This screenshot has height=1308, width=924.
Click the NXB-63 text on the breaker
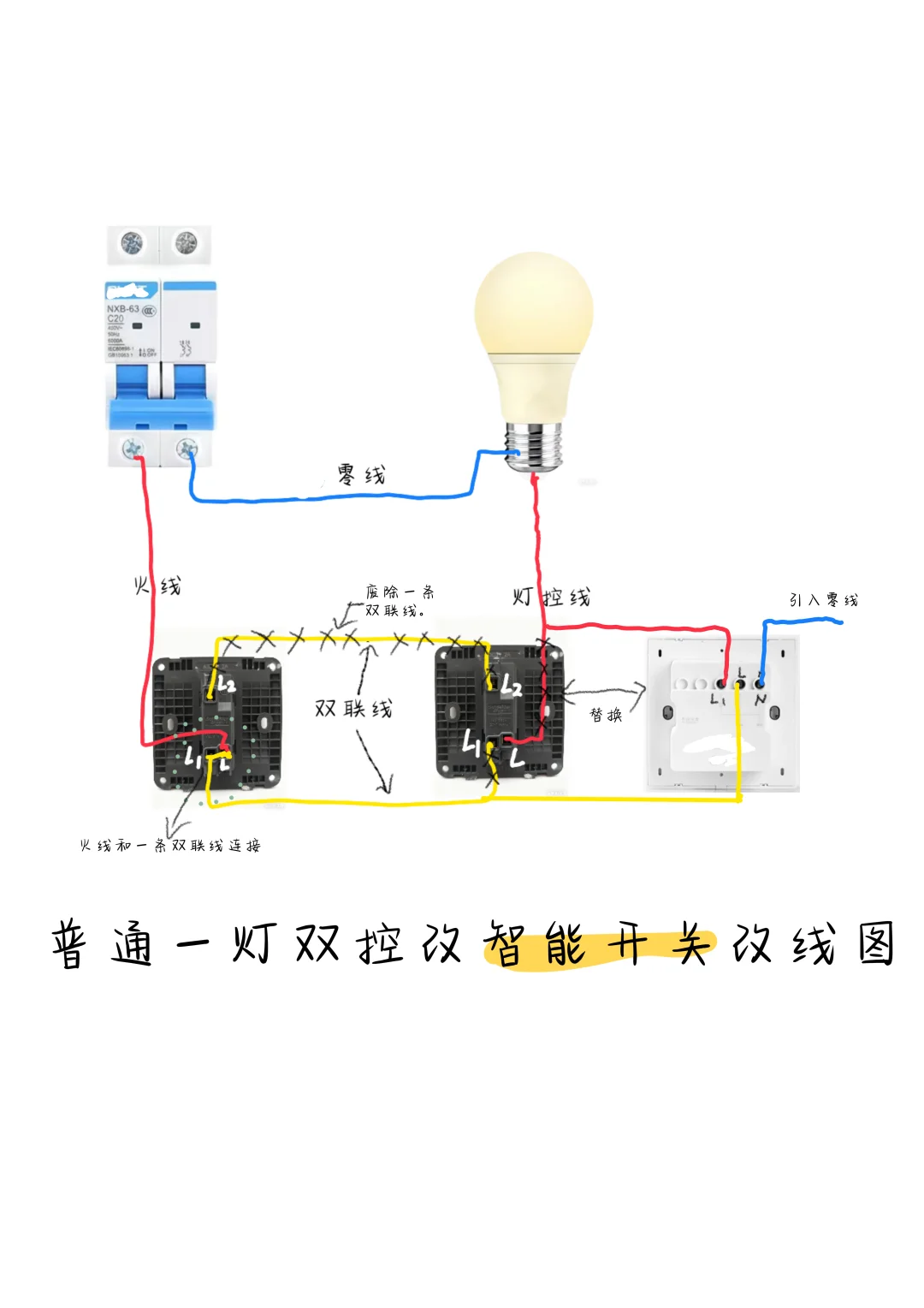[122, 308]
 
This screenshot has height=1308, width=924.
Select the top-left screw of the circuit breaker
[132, 244]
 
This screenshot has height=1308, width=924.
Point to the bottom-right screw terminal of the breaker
[186, 448]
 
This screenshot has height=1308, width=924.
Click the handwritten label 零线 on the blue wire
[361, 474]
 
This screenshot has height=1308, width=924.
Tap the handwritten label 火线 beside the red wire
[157, 586]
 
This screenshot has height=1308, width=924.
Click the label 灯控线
[552, 597]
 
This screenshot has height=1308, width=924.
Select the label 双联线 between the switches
[353, 709]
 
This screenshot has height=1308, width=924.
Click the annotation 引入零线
[823, 600]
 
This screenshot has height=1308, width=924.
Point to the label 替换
[606, 715]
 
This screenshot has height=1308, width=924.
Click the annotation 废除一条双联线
[399, 601]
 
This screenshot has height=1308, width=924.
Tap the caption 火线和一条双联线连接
[170, 846]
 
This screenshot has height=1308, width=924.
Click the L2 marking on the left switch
[226, 684]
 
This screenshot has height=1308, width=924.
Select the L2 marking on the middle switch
[511, 686]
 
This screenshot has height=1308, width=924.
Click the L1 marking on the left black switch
[192, 756]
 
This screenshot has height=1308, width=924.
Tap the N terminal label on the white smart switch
[760, 700]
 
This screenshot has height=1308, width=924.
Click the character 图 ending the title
[876, 943]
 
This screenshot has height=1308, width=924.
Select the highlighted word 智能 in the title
[536, 944]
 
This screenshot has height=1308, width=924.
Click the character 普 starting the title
[68, 945]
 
